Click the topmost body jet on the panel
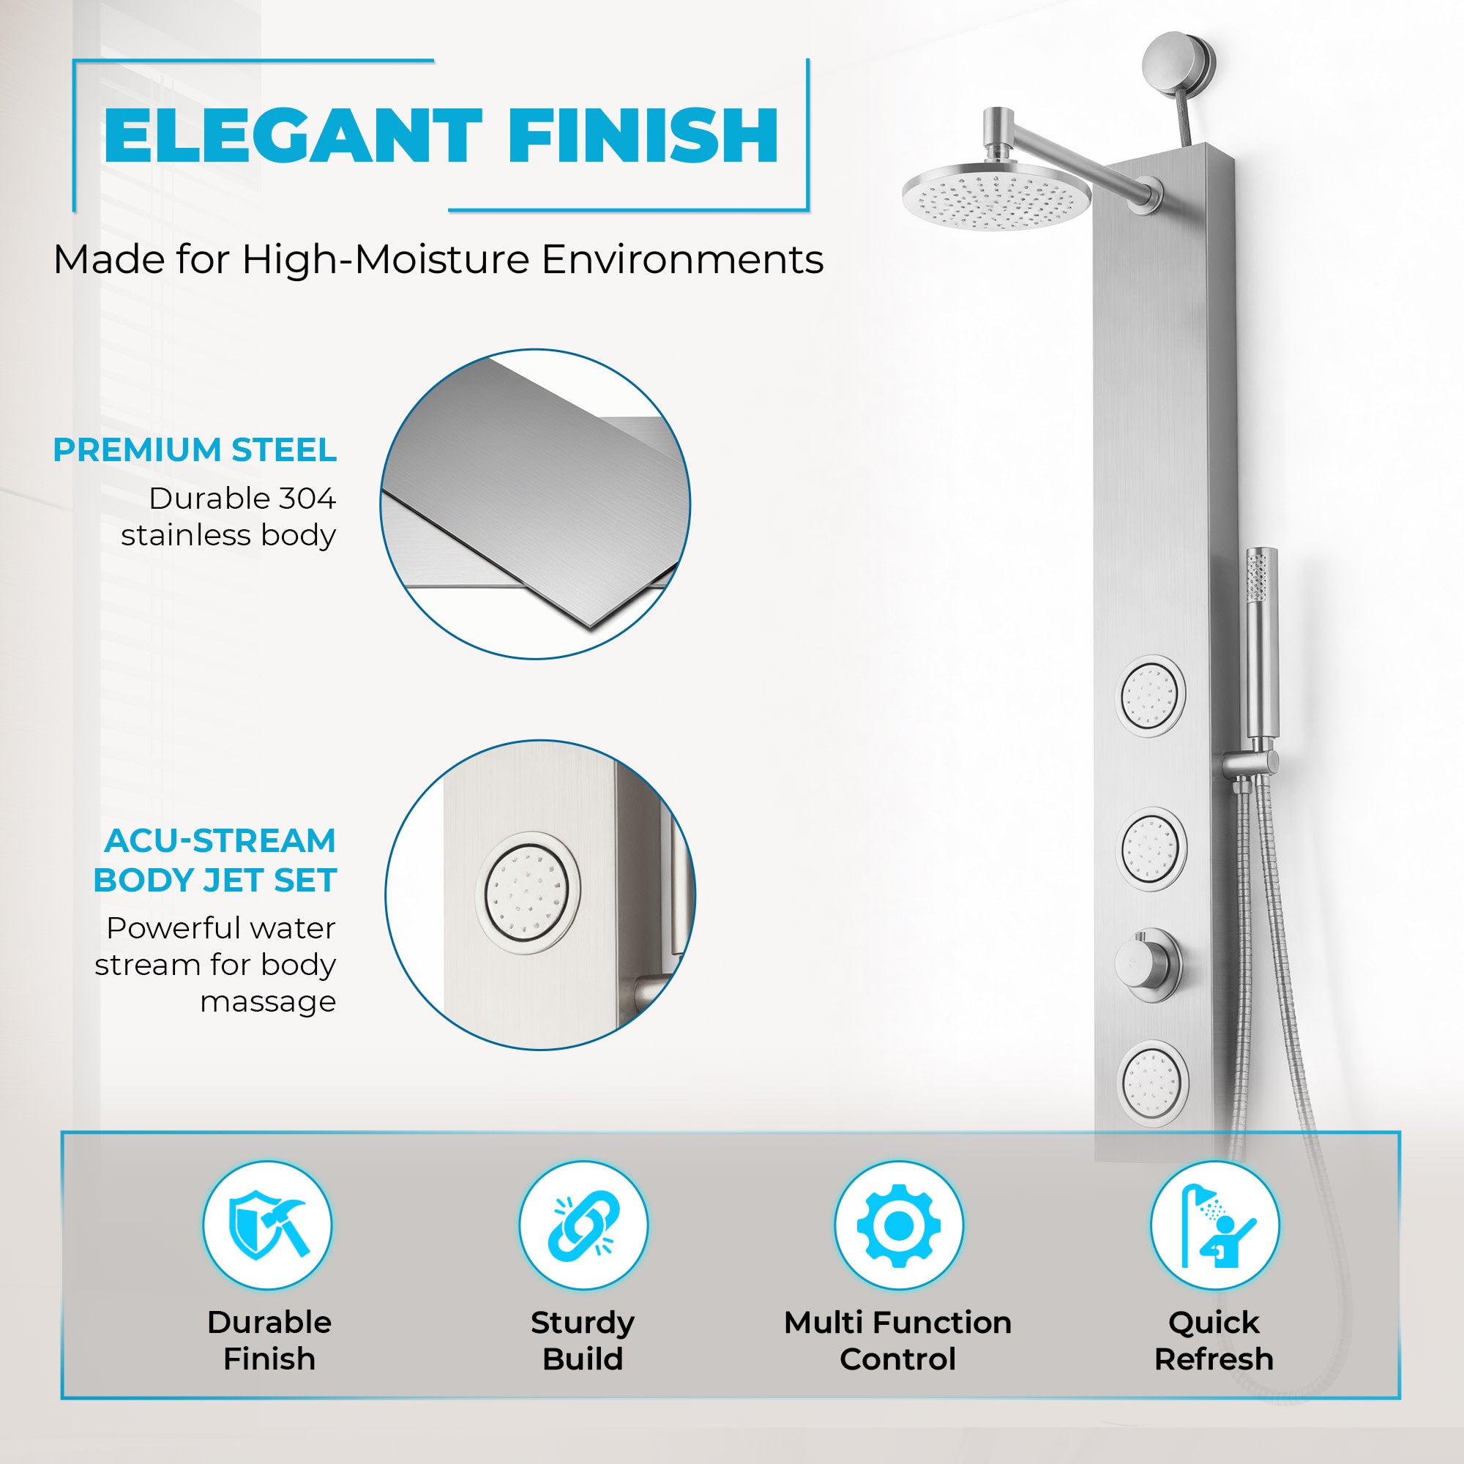(1151, 694)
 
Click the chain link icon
(583, 1225)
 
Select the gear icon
(898, 1225)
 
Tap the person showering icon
(1214, 1225)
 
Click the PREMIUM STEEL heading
(195, 450)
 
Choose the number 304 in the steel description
(307, 498)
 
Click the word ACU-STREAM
(220, 840)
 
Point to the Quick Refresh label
(1213, 1340)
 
